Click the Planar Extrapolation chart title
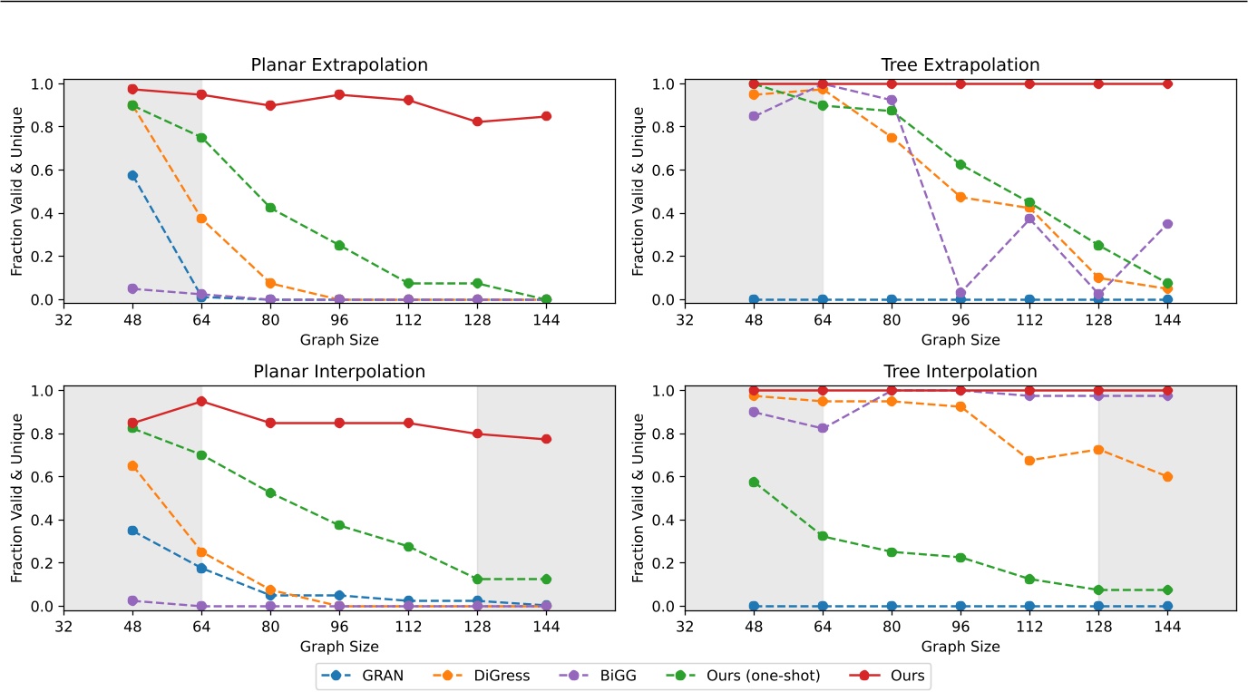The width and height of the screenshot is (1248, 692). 339,65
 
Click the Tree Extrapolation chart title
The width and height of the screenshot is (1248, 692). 960,65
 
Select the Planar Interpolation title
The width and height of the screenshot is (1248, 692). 339,372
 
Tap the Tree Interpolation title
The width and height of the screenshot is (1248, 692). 960,372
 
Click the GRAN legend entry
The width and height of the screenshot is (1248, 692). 368,676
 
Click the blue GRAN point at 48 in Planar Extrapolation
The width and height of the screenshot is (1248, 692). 132,176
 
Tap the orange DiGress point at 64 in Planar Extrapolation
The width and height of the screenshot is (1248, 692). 201,219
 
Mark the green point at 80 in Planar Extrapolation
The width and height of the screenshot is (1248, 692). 270,208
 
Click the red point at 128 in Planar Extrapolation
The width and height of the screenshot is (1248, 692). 477,122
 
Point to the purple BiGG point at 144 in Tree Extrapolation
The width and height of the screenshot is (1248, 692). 1167,224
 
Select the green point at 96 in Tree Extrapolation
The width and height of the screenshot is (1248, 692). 960,165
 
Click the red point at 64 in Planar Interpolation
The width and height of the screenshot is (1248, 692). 201,401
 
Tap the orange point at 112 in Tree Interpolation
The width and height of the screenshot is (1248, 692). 1029,461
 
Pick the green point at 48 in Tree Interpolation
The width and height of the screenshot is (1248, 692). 754,482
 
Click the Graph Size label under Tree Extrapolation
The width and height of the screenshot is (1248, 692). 960,340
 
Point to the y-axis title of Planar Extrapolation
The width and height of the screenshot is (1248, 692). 17,192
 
